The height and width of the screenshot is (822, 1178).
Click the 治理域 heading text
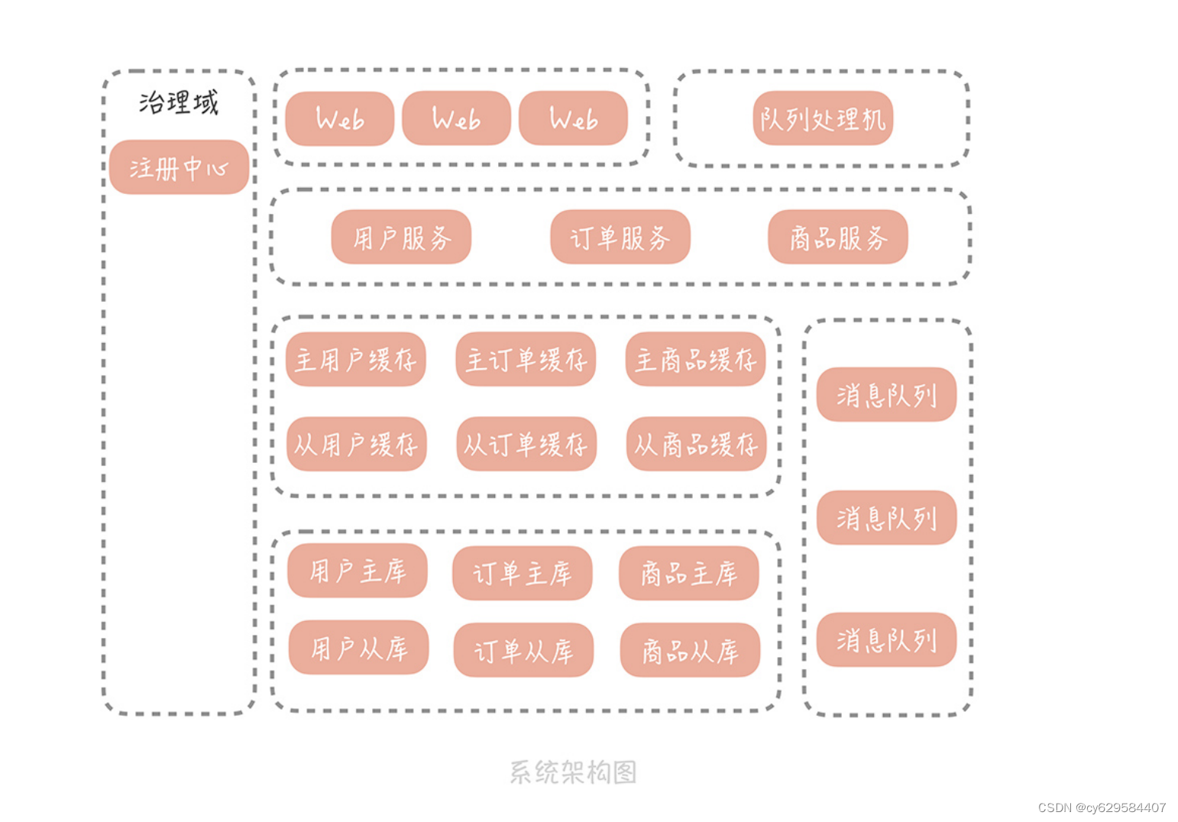[179, 102]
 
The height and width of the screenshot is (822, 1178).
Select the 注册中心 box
[179, 167]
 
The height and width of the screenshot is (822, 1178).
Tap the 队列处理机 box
[823, 118]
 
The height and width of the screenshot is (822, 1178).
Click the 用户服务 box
[401, 238]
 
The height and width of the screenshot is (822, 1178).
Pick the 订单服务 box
[620, 238]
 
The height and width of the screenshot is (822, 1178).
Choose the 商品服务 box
[838, 238]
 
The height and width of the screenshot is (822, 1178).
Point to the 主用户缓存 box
[356, 359]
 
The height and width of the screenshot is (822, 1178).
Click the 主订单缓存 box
[526, 359]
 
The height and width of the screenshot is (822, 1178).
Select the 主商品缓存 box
[695, 359]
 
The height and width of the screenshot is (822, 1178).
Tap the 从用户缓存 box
[356, 444]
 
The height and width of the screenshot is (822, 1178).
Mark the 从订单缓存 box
[526, 444]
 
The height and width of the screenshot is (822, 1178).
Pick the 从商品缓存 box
[695, 444]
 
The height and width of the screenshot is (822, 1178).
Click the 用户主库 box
[358, 571]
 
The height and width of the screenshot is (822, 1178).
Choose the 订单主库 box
[522, 573]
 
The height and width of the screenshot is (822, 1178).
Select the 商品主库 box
[688, 573]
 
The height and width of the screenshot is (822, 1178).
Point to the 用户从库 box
[358, 648]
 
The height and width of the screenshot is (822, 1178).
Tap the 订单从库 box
[523, 650]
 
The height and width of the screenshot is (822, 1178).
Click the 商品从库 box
[690, 650]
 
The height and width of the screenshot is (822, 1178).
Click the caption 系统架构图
[573, 772]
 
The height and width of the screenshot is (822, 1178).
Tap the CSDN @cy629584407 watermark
[1102, 807]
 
